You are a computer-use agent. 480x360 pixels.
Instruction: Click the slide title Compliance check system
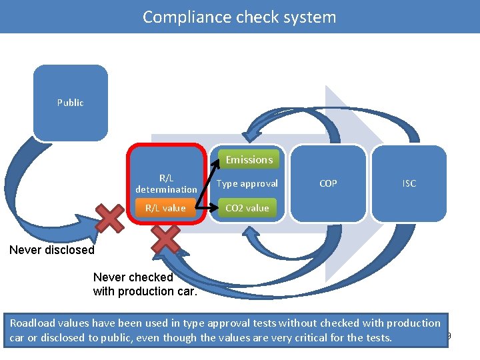pos(239,17)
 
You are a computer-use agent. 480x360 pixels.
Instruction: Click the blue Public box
pos(70,103)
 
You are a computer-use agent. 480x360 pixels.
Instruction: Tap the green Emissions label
pos(249,160)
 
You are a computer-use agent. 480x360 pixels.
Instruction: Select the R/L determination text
pos(166,183)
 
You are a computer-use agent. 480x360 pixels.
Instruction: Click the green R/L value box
pos(165,208)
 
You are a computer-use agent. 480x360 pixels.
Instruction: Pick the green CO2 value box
pos(247,208)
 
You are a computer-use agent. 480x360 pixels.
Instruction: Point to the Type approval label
pos(247,183)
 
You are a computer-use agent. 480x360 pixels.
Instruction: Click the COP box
pos(328,183)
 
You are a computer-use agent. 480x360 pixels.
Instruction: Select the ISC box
pos(409,183)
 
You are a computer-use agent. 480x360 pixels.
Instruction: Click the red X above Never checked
pos(167,239)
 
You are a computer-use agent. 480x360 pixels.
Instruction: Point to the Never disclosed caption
pos(52,250)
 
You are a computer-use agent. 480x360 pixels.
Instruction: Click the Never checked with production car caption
pos(145,284)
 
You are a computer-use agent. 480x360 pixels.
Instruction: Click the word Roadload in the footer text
pos(31,323)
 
